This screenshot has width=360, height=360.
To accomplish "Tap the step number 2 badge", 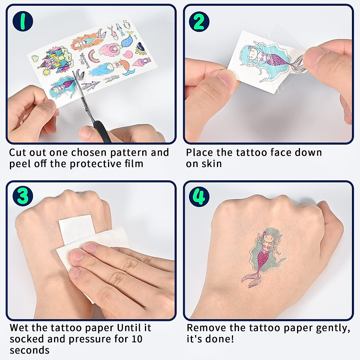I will [x=199, y=21].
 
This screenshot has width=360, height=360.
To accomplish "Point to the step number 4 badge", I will [x=199, y=196].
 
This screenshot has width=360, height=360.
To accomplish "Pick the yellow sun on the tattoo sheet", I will [x=46, y=72].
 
